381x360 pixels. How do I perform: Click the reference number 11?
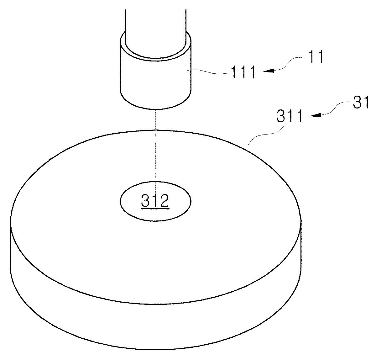click(315, 57)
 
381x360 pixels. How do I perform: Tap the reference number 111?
click(244, 72)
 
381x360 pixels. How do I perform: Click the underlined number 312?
click(155, 201)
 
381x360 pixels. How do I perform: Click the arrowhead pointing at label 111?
click(268, 71)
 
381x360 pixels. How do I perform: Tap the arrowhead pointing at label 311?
click(316, 115)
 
